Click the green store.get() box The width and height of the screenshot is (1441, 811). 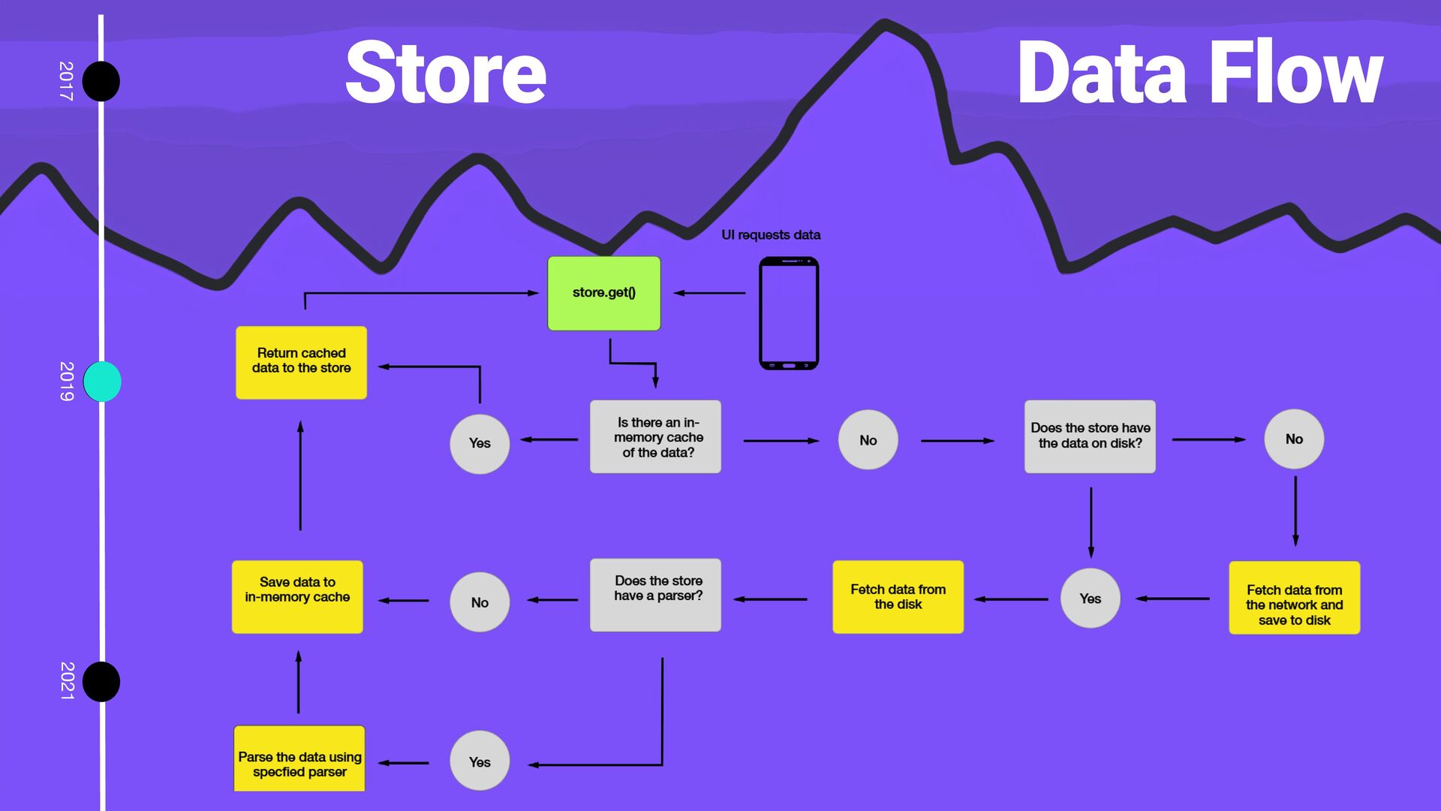(603, 293)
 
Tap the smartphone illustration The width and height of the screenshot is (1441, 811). (788, 313)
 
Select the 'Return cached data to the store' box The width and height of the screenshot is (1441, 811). (301, 362)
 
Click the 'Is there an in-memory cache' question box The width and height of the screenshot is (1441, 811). (655, 437)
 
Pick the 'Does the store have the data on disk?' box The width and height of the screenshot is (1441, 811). (1090, 436)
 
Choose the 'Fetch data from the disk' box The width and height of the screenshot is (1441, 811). (898, 597)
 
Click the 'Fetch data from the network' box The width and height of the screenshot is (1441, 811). (1294, 598)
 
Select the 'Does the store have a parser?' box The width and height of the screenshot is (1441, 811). (655, 595)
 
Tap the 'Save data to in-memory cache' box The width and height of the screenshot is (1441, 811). (297, 597)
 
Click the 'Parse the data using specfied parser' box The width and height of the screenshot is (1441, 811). (299, 758)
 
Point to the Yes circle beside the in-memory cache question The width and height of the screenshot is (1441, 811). (480, 444)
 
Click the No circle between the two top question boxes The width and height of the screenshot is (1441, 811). (868, 440)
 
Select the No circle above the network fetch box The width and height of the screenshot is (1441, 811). (1294, 439)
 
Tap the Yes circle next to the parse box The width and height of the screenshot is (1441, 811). (480, 761)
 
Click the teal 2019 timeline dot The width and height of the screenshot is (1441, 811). (102, 381)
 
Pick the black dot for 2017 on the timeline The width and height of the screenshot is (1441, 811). (101, 81)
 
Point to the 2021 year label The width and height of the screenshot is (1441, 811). (67, 681)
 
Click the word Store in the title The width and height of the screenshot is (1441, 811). (446, 73)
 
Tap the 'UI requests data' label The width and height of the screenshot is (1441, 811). (771, 235)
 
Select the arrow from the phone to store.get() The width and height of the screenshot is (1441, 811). (709, 293)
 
